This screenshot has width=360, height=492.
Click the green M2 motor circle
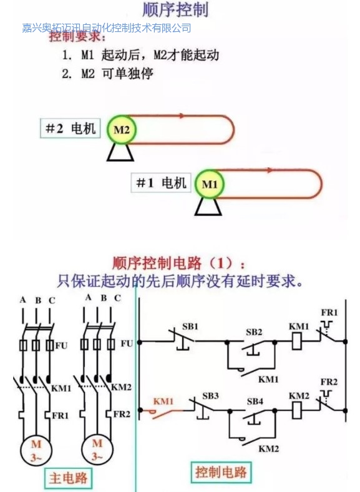coord(122,130)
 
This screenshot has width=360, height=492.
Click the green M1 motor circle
coord(209,184)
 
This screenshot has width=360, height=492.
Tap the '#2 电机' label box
coord(71,128)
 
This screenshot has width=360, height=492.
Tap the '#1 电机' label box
coord(161,182)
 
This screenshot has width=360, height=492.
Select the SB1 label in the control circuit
coord(190,327)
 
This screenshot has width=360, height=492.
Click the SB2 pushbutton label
coord(254,332)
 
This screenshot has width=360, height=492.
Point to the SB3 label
coord(210,396)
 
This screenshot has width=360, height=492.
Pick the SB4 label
coord(255,401)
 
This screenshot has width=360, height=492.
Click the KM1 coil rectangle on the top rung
coord(296,341)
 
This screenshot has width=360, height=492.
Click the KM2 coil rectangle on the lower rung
coord(296,410)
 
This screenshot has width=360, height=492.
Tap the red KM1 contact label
coord(163,401)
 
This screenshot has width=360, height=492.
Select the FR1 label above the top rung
coord(329,313)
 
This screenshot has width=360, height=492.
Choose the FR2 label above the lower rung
coord(329,382)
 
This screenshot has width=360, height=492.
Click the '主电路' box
coord(68,478)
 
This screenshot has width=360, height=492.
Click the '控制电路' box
coord(221,472)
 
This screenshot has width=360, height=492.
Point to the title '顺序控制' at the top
coord(175,9)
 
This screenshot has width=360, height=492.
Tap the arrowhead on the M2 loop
coord(182,116)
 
